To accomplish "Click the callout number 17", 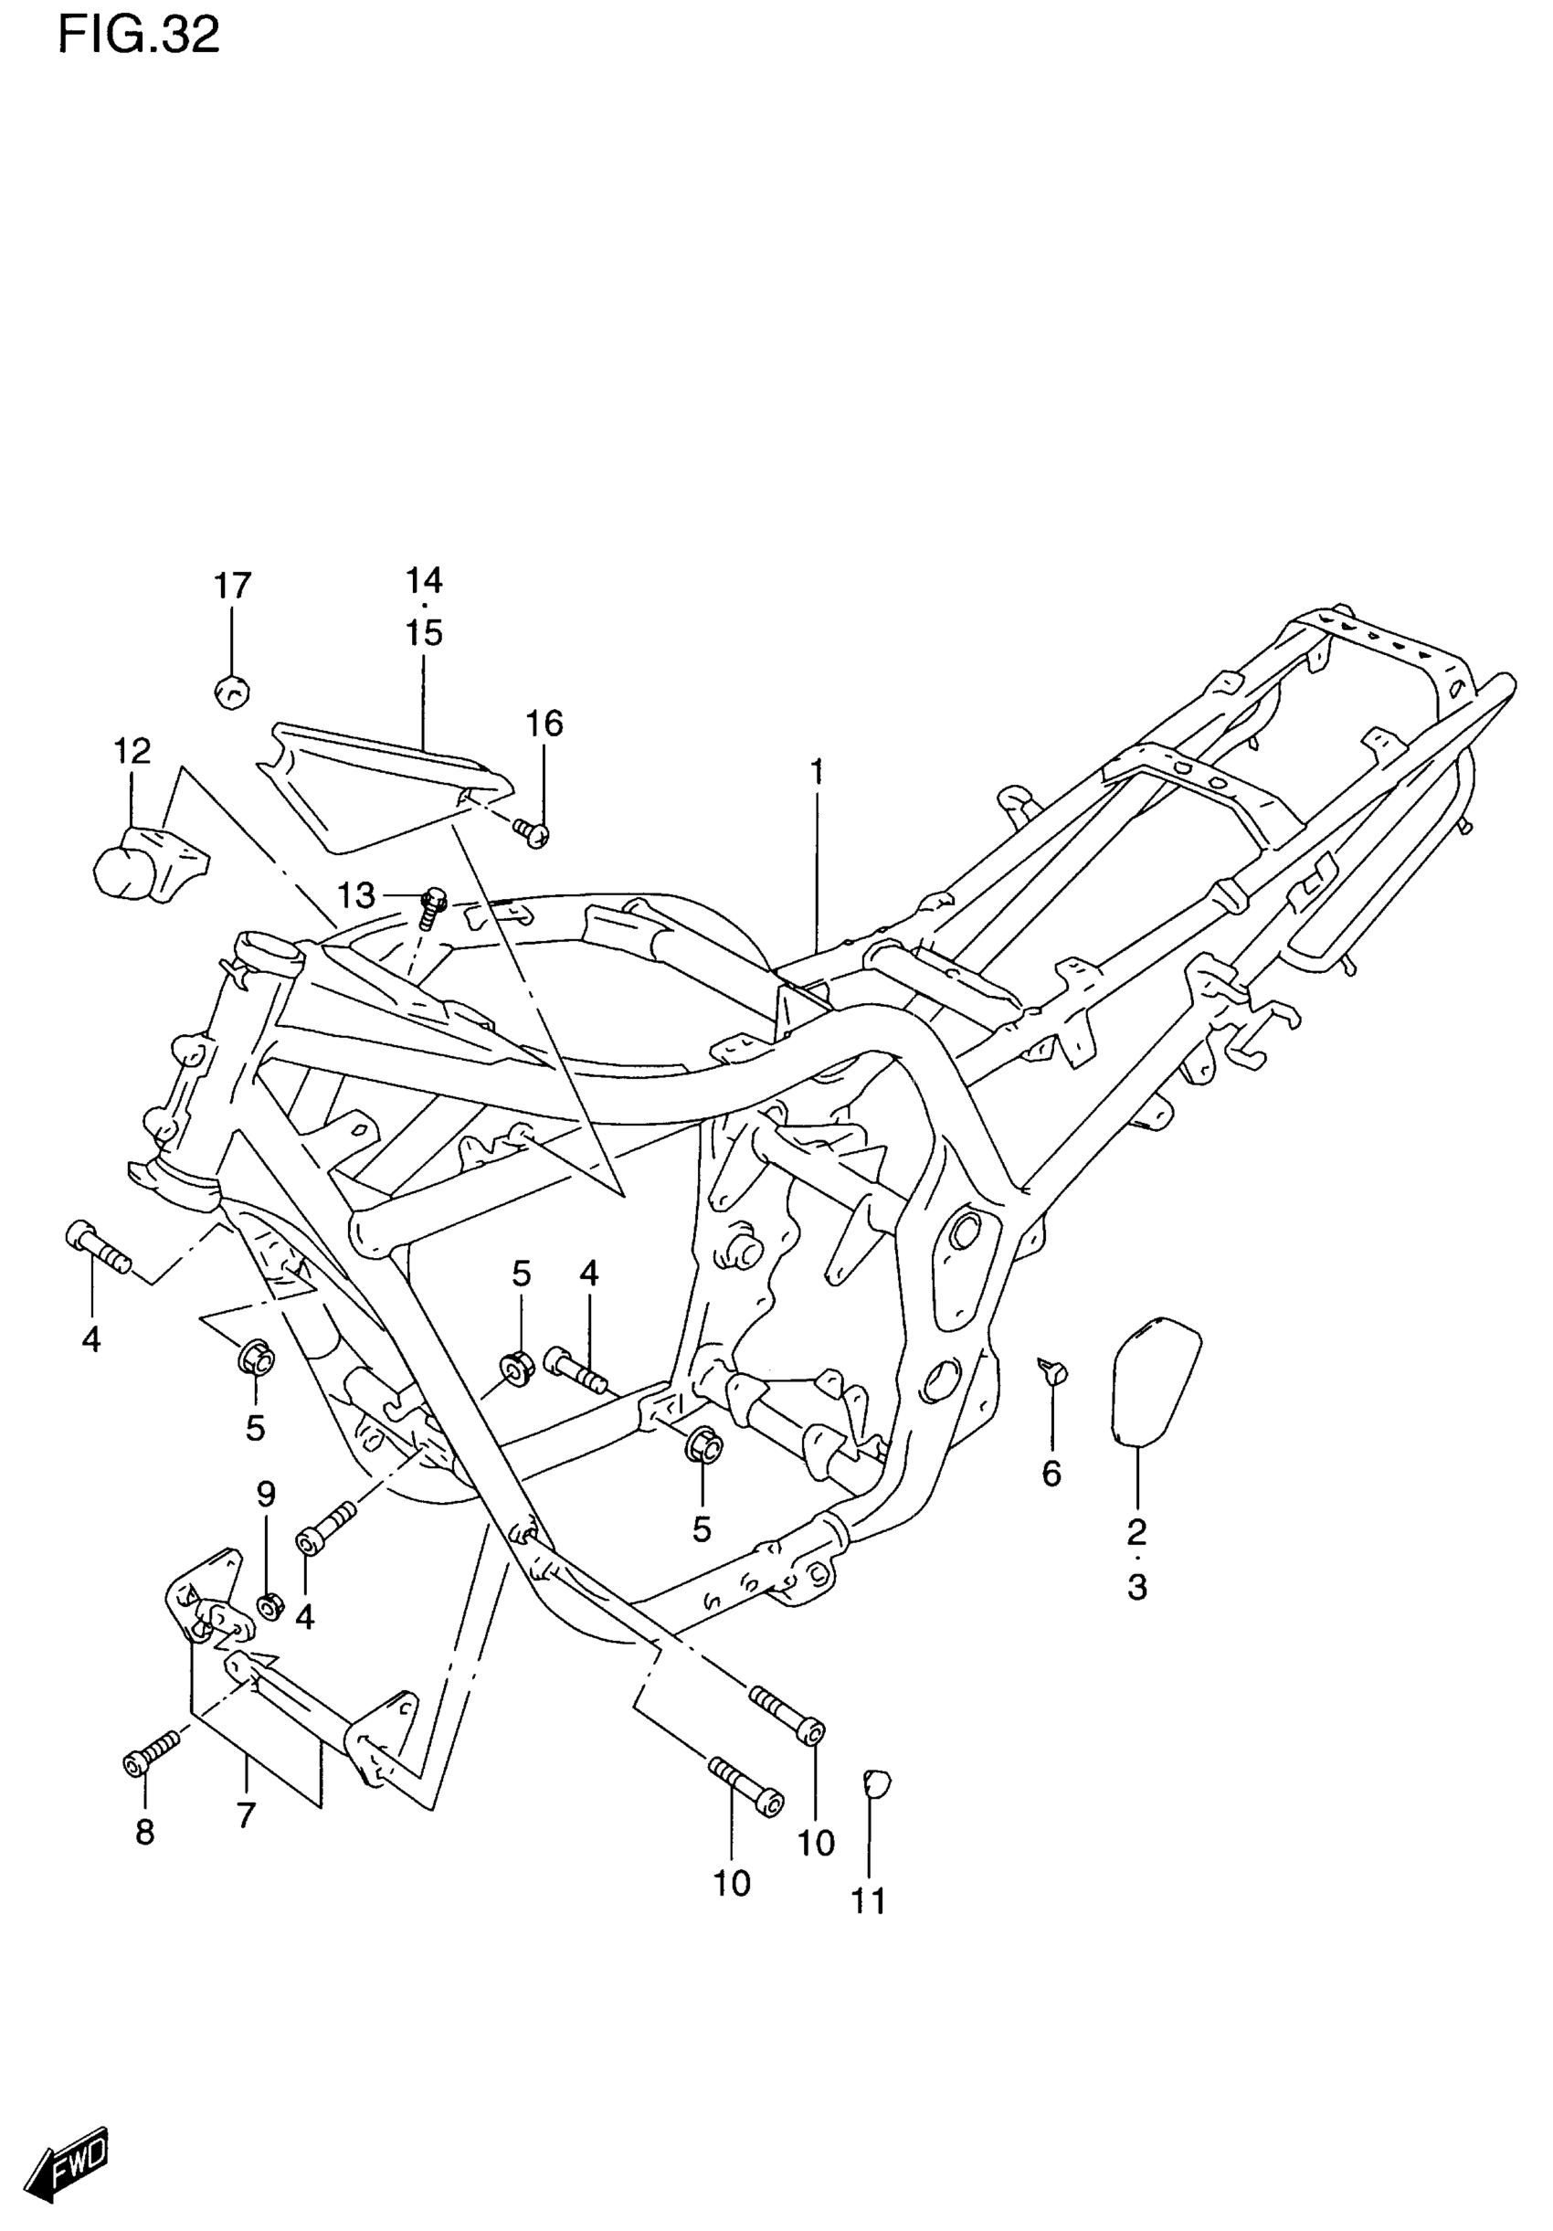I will (232, 586).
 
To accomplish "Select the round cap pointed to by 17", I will (230, 691).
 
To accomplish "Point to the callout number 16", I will (544, 723).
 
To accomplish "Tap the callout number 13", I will (355, 895).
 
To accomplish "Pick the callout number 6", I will (1051, 1474).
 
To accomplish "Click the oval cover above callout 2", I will (1155, 1380).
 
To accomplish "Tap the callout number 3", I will (1137, 1587).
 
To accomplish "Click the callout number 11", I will (869, 1901).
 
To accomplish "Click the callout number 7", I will (246, 1814).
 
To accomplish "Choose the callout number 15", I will (425, 632).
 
